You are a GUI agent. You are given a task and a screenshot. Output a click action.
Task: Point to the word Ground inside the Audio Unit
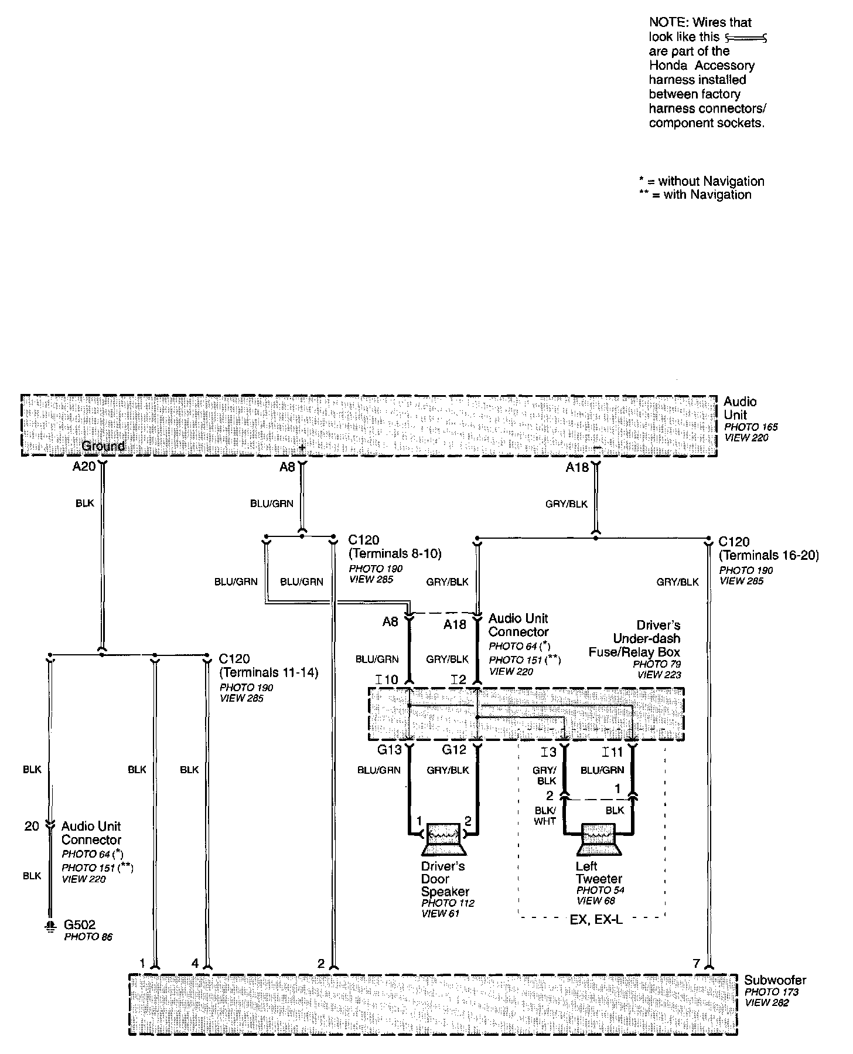click(103, 446)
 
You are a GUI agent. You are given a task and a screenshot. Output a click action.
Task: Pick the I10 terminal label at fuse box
click(387, 679)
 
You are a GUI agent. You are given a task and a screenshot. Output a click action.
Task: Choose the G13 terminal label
click(389, 750)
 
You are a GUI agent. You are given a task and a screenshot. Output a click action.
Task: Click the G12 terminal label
click(454, 750)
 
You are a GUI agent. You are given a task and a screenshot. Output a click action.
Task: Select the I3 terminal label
click(548, 752)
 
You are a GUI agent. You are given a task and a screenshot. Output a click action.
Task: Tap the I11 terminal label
click(613, 752)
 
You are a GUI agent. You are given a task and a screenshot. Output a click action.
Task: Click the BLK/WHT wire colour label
click(545, 815)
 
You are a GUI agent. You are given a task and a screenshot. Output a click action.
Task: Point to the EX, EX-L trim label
click(596, 919)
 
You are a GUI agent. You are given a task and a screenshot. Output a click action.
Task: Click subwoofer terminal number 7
click(696, 963)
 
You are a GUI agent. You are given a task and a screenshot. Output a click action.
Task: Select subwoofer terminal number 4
click(195, 963)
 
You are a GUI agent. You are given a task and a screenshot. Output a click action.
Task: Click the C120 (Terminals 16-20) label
click(769, 548)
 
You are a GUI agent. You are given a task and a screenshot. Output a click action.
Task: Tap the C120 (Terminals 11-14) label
click(268, 665)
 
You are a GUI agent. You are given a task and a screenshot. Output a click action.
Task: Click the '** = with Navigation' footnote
click(695, 195)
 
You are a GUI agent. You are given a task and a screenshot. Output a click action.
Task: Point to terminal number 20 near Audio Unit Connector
click(32, 826)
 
